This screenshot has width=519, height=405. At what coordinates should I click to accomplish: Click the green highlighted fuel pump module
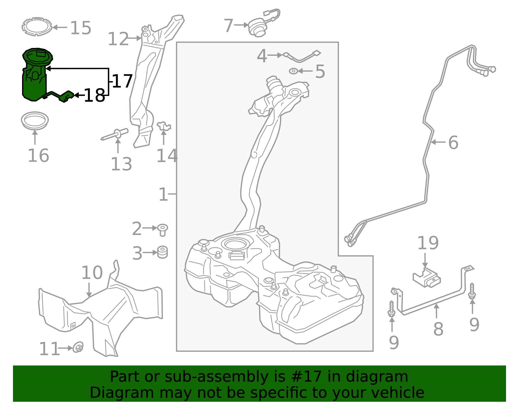[x=35, y=76]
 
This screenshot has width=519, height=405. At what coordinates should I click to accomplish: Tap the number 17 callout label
[x=122, y=81]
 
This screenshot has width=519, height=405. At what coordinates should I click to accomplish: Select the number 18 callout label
[x=94, y=96]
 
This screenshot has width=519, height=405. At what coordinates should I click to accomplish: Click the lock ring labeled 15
[x=37, y=27]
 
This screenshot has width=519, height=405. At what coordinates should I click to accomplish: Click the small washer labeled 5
[x=293, y=71]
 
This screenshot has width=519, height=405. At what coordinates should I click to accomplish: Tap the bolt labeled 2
[x=163, y=229]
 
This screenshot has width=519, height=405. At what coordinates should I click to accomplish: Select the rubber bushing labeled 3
[x=163, y=252]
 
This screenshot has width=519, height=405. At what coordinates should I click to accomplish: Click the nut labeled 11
[x=78, y=347]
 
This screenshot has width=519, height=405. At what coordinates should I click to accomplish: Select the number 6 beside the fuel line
[x=453, y=142]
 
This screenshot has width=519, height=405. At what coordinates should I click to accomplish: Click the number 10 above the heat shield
[x=92, y=273]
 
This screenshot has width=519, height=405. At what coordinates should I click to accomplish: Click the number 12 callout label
[x=118, y=39]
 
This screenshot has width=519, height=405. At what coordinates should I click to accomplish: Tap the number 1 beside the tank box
[x=163, y=195]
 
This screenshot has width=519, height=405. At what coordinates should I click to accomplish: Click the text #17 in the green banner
[x=307, y=377]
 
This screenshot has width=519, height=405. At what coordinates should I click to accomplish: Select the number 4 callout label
[x=262, y=56]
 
